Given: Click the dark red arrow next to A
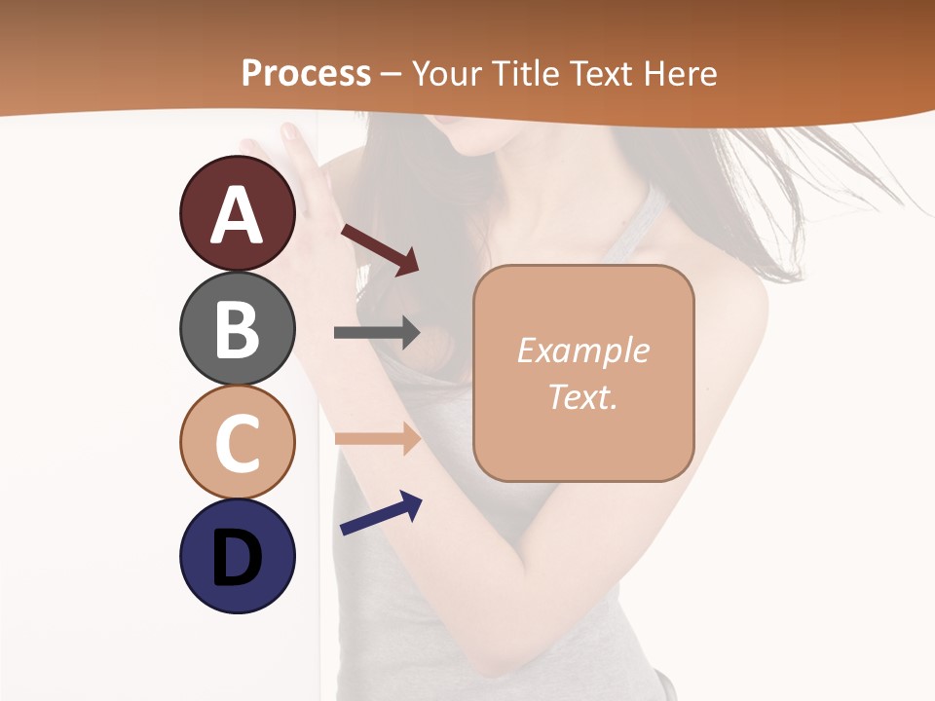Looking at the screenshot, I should click(380, 249).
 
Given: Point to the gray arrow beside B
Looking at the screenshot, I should click(377, 333).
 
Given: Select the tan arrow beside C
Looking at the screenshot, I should click(377, 439).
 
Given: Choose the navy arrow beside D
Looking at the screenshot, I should click(381, 513).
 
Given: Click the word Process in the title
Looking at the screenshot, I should click(306, 74).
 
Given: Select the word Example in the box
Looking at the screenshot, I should click(582, 351).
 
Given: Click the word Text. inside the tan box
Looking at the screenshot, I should click(582, 397).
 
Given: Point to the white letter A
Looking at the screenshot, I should click(237, 216).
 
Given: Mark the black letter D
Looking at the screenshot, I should click(237, 559).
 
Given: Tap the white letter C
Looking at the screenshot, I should click(237, 443).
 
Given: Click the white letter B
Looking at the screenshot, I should click(237, 330).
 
